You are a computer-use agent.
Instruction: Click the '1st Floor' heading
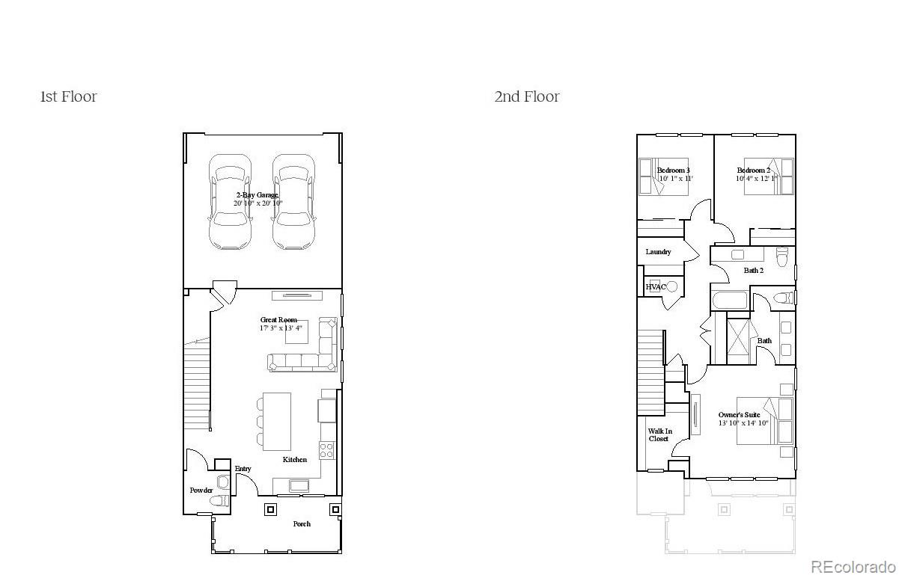(x=68, y=96)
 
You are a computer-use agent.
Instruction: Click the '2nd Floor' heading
(x=526, y=96)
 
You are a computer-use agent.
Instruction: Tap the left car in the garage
(x=230, y=202)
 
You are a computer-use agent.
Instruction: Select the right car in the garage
(x=293, y=202)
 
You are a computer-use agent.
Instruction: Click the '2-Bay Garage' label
(x=257, y=195)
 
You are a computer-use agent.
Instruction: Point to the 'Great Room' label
(x=278, y=320)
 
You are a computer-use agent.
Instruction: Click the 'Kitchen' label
(x=295, y=460)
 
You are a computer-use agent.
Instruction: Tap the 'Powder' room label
(x=201, y=491)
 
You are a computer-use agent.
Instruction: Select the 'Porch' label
(x=302, y=523)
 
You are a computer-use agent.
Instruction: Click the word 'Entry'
(x=243, y=469)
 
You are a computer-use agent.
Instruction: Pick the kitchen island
(x=276, y=422)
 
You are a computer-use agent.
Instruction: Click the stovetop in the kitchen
(x=327, y=449)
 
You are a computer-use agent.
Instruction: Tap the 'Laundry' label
(x=658, y=252)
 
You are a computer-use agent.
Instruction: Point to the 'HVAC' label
(x=655, y=286)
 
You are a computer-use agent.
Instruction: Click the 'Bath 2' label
(x=753, y=271)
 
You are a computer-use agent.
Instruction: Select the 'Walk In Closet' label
(x=659, y=435)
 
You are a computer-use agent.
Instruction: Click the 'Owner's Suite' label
(x=739, y=415)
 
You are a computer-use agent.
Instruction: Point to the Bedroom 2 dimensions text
(x=757, y=179)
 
